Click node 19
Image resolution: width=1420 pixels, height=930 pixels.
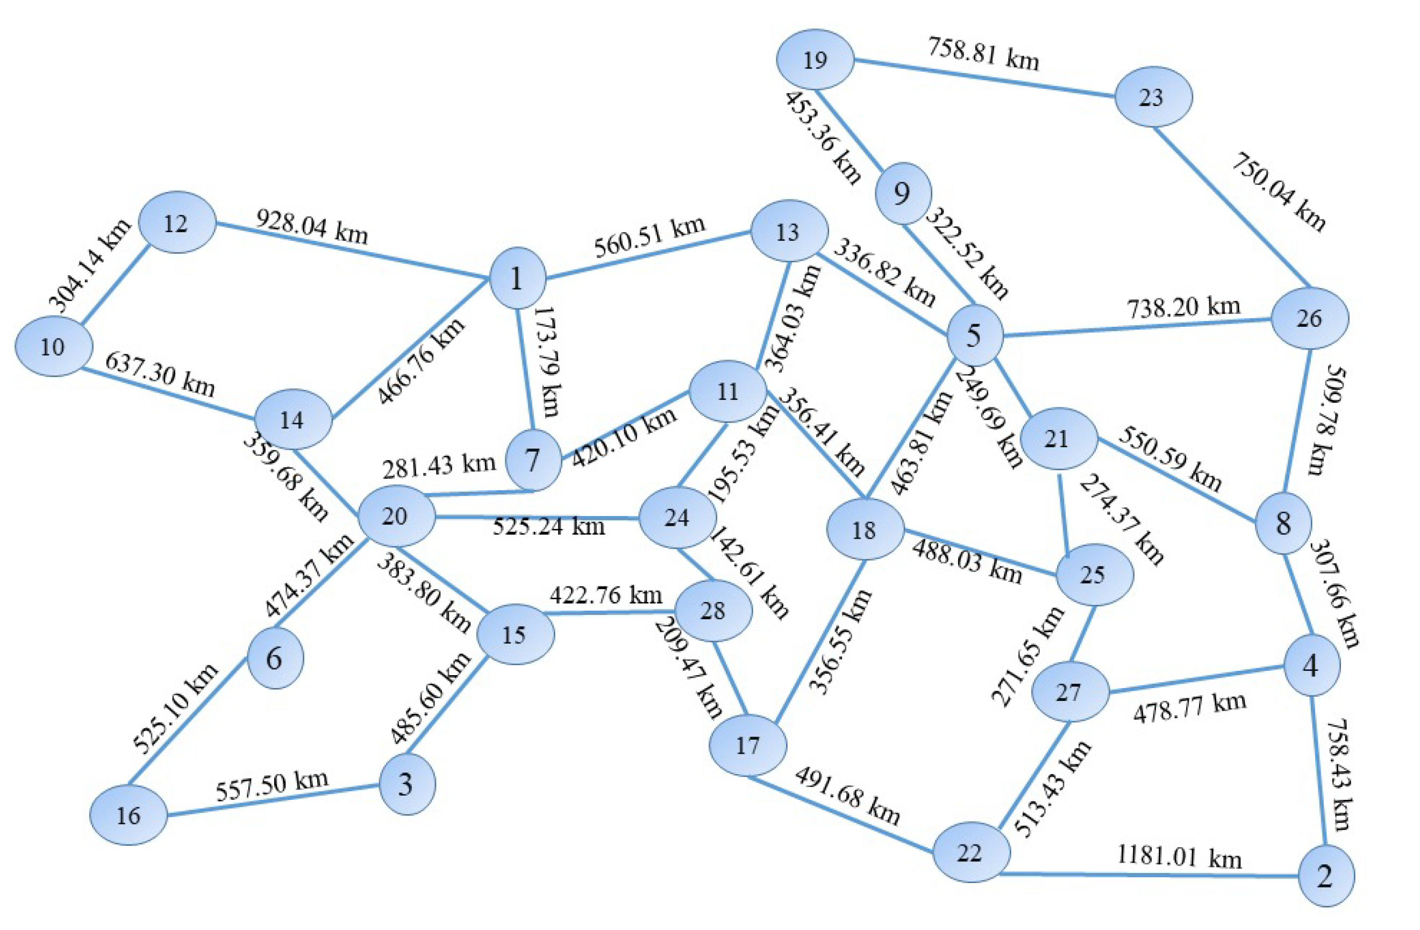pos(815,60)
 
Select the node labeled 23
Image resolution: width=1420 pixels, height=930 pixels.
pos(1153,97)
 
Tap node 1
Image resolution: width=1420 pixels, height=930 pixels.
pos(517,278)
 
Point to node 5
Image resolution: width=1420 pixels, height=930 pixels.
pos(973,335)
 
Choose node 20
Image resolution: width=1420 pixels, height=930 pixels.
pos(396,516)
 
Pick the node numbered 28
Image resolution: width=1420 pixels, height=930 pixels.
pos(713,611)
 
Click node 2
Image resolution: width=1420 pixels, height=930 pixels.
pos(1326,876)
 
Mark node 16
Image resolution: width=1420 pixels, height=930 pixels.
pos(129,815)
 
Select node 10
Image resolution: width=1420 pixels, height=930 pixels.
pos(54,346)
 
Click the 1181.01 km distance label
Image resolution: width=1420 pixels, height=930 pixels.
pos(1179,857)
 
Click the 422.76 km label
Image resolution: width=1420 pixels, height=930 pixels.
pos(605,595)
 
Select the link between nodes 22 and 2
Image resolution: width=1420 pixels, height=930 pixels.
pos(1148,875)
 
